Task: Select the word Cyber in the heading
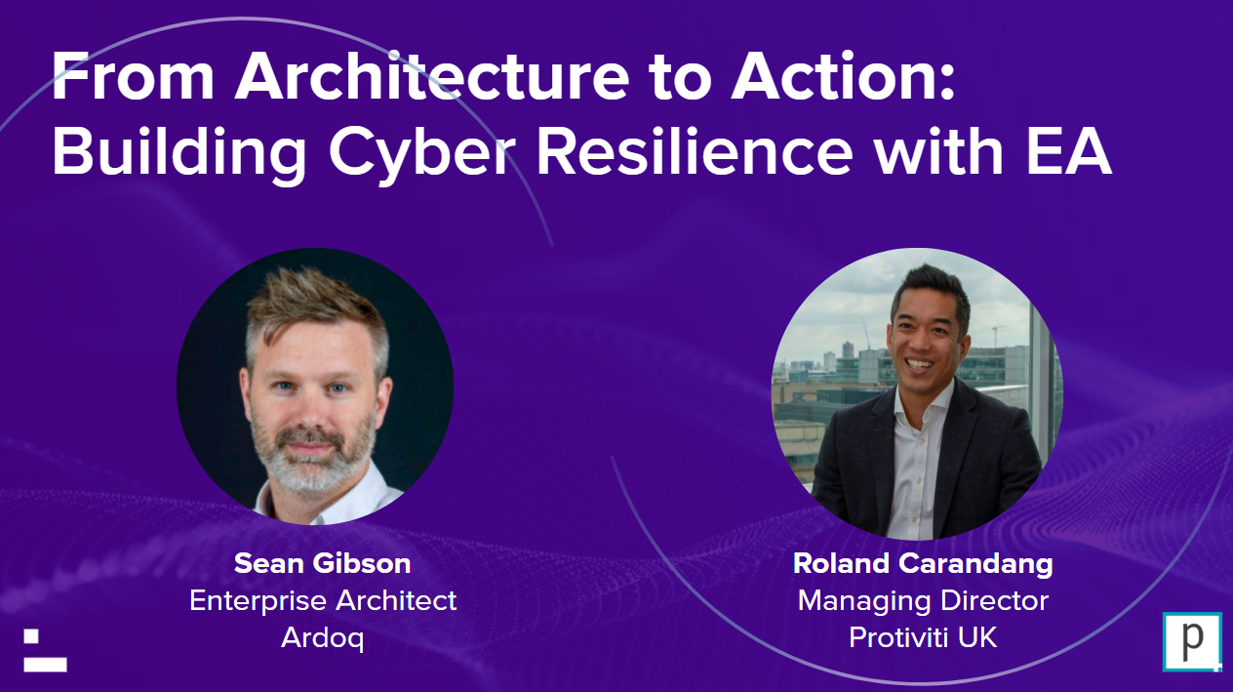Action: pyautogui.click(x=421, y=152)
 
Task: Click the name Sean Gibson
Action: pyautogui.click(x=323, y=563)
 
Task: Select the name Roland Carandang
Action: pyautogui.click(x=923, y=564)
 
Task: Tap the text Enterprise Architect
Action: pyautogui.click(x=323, y=600)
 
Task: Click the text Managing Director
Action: pyautogui.click(x=923, y=601)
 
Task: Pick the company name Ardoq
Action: pyautogui.click(x=323, y=638)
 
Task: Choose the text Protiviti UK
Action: pyautogui.click(x=923, y=637)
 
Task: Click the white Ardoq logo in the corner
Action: pyautogui.click(x=45, y=650)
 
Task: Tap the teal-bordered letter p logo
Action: pyautogui.click(x=1192, y=642)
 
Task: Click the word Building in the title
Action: pyautogui.click(x=179, y=152)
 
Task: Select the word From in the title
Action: pyautogui.click(x=133, y=76)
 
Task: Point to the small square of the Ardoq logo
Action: pyautogui.click(x=31, y=635)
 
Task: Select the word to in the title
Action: pyautogui.click(x=680, y=78)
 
